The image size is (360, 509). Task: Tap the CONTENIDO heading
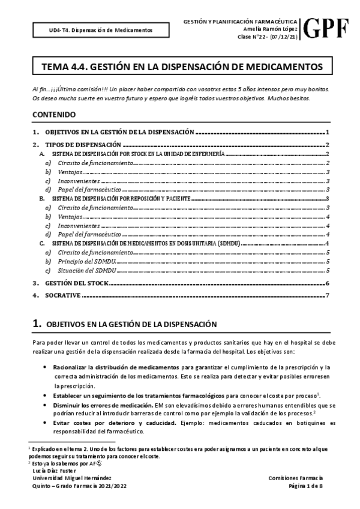54,114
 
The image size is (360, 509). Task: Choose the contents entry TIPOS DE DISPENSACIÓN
84,145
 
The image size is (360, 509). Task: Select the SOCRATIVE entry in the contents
66,295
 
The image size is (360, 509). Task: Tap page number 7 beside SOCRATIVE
326,295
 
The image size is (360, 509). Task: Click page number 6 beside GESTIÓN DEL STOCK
326,283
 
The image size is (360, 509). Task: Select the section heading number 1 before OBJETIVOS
37,324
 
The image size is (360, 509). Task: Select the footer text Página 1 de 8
306,486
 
